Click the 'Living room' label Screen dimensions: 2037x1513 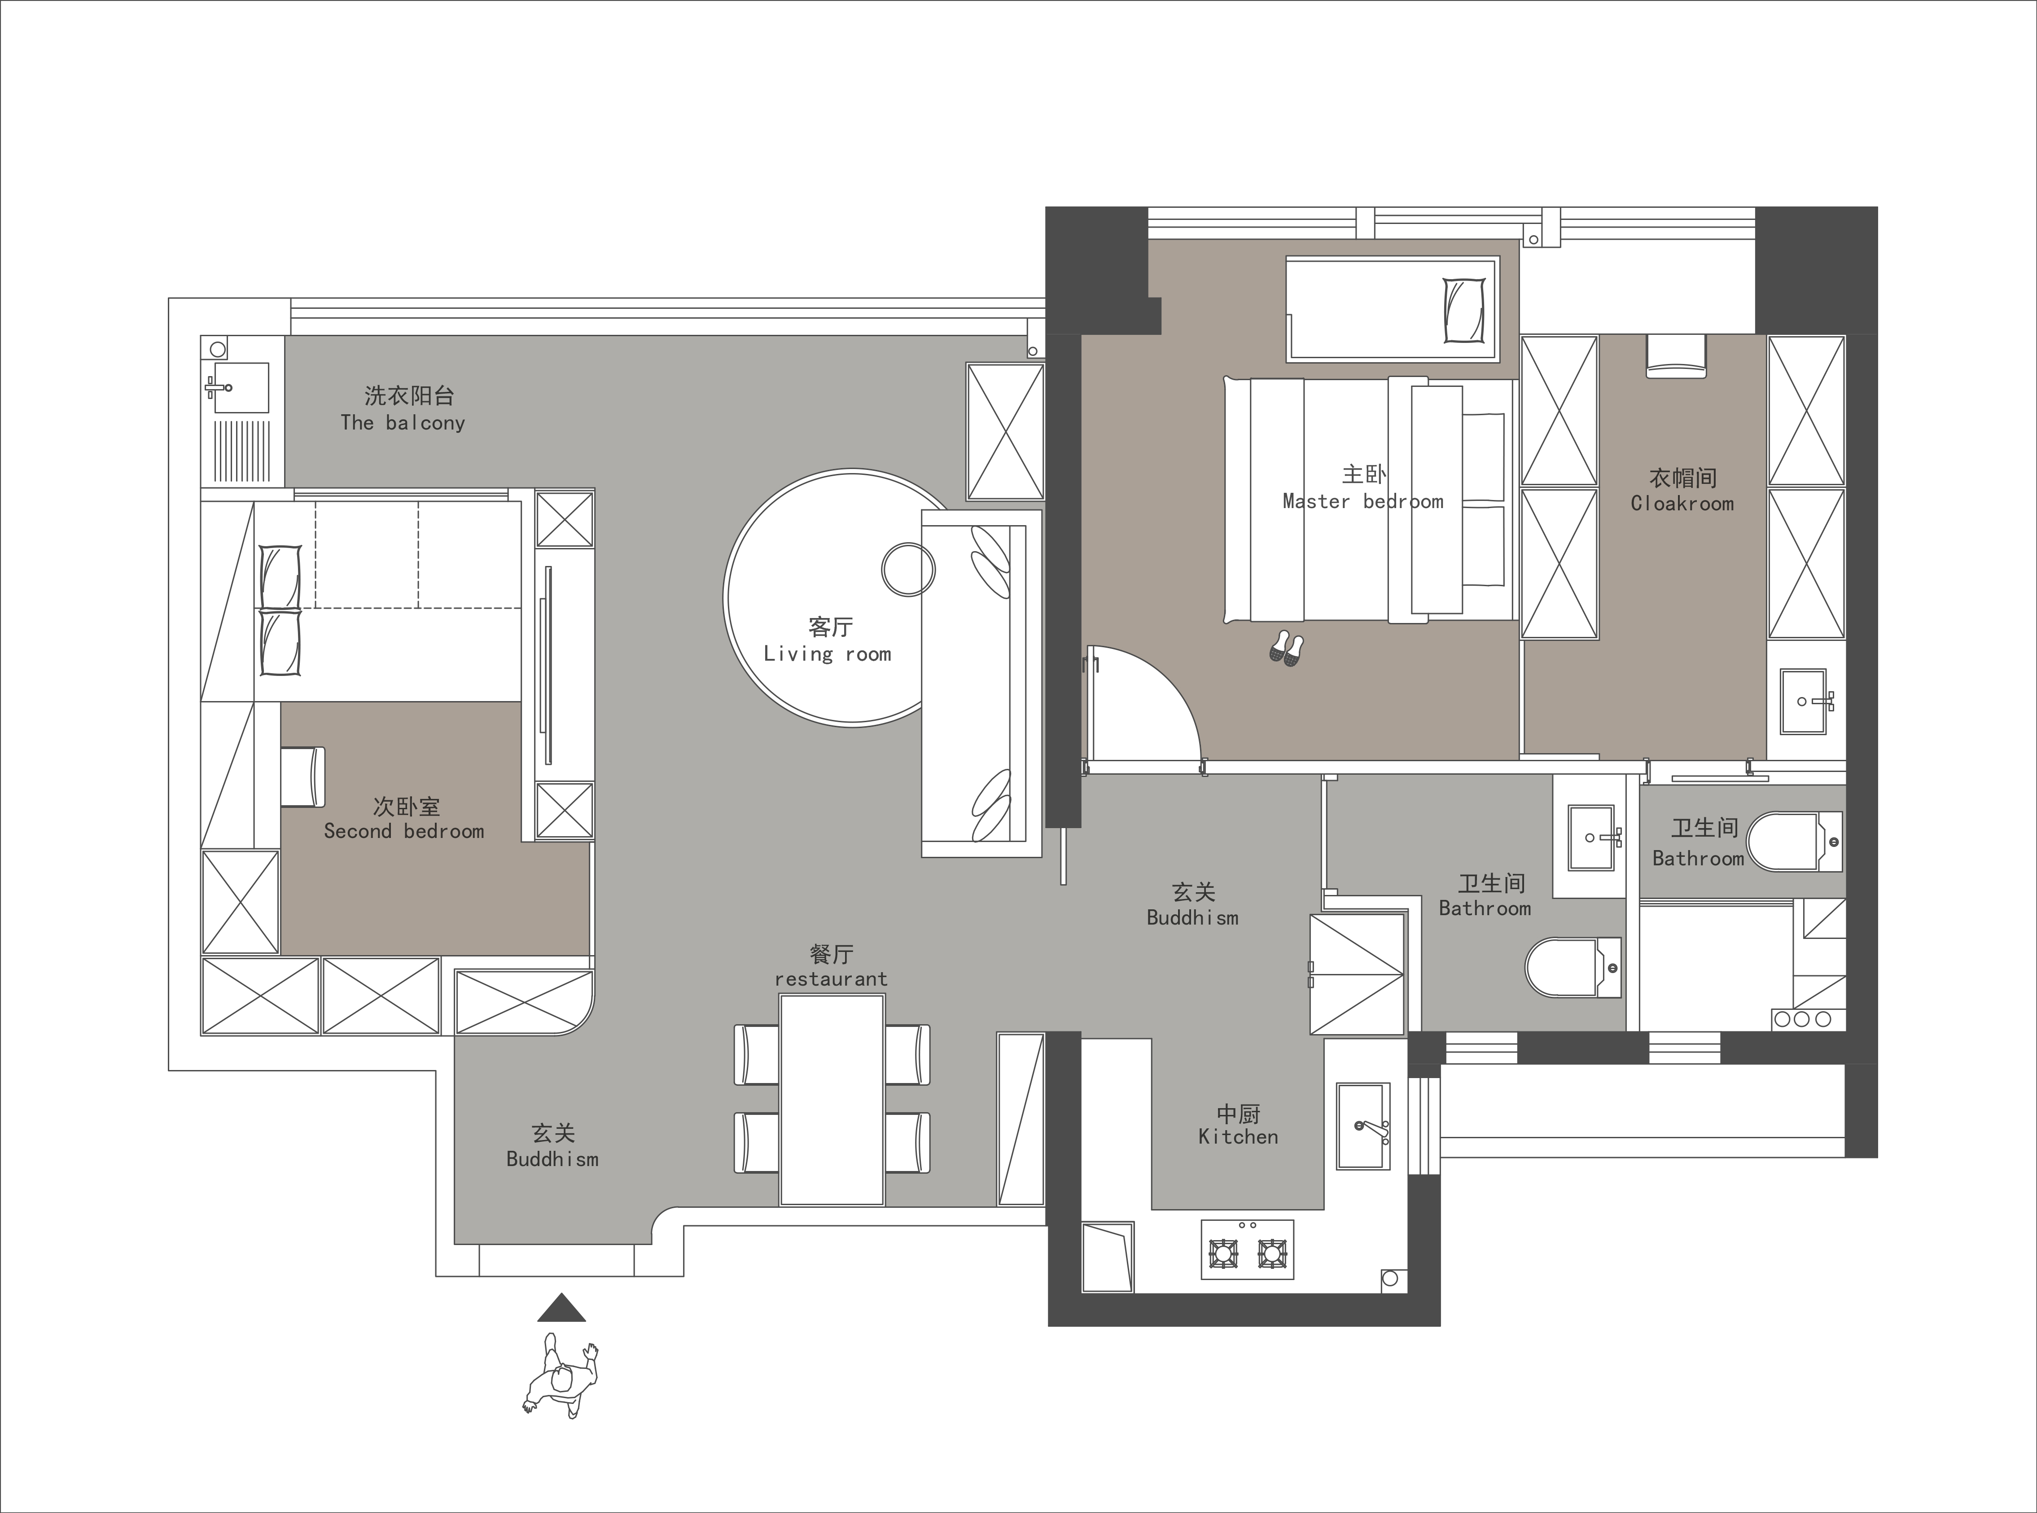[828, 654]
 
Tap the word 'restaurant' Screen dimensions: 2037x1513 [831, 979]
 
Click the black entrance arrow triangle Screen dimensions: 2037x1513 [561, 1308]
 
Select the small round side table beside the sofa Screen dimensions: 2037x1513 [908, 570]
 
